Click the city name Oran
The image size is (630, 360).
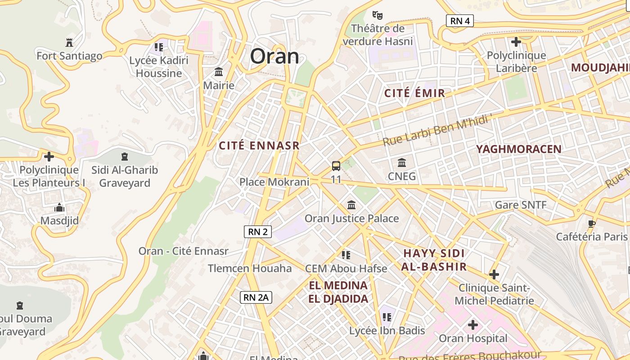click(x=274, y=57)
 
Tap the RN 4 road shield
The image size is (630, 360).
click(x=460, y=21)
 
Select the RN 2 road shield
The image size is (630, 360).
click(x=258, y=232)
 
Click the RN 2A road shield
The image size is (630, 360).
click(x=256, y=297)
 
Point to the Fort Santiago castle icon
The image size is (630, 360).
click(x=69, y=43)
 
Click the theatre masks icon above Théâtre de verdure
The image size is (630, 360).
click(x=377, y=15)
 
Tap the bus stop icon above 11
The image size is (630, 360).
click(x=336, y=166)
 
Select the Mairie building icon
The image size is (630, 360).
click(x=219, y=72)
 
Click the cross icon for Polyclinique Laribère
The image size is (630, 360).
click(x=516, y=42)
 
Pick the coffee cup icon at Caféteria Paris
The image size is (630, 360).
click(x=592, y=224)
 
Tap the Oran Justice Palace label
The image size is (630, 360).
click(x=352, y=219)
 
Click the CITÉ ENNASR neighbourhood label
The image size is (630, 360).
click(x=259, y=146)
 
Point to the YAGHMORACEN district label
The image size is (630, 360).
click(x=519, y=149)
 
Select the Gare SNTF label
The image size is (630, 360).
click(x=521, y=205)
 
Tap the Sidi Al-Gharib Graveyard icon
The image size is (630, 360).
click(x=125, y=157)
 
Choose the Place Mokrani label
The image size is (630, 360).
click(x=274, y=182)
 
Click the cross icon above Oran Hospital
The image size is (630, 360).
click(x=472, y=325)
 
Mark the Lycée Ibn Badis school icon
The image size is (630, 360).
click(x=387, y=317)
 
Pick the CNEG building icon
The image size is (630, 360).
click(x=402, y=162)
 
